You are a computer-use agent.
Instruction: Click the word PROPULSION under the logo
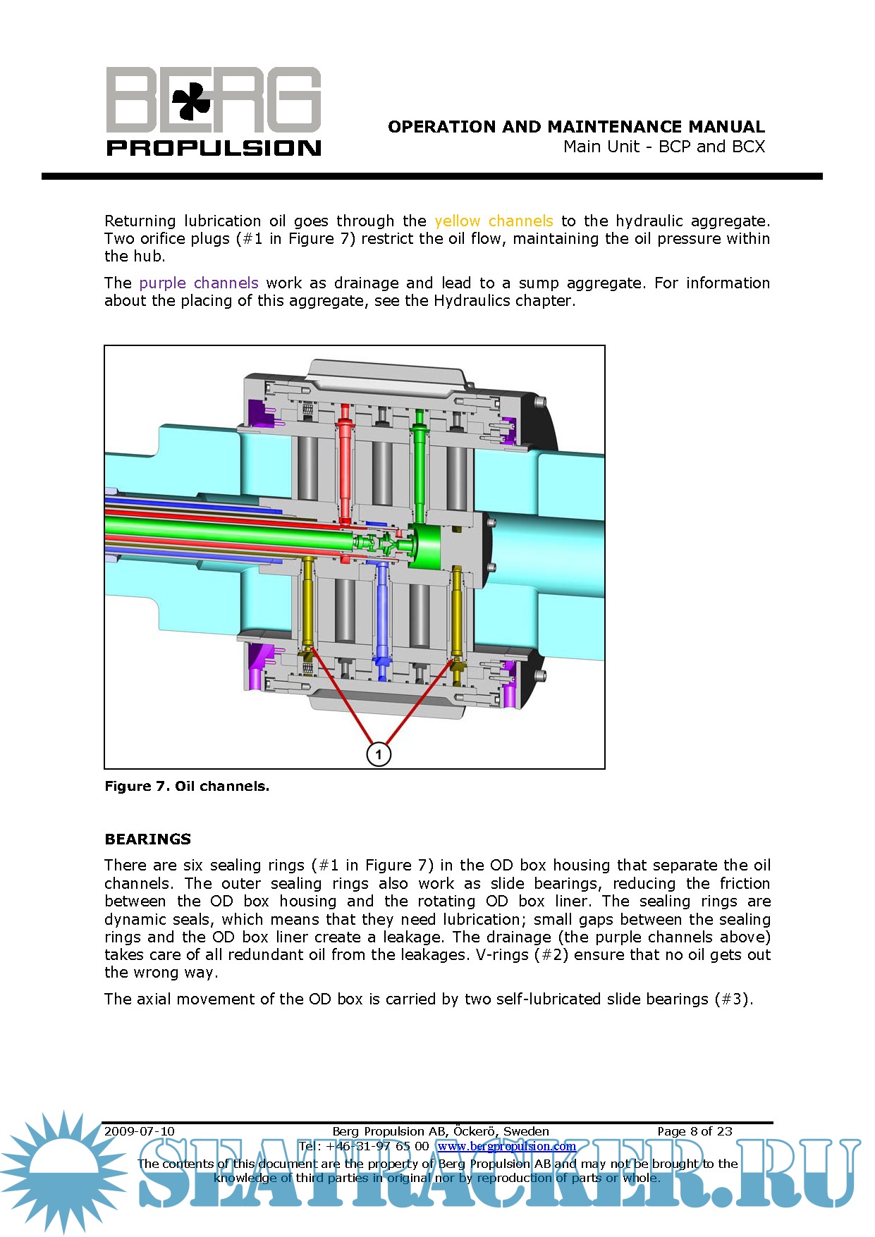214,148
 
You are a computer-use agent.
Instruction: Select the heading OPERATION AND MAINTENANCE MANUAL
576,127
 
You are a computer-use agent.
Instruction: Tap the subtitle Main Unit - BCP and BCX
663,147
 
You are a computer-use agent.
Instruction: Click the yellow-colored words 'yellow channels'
494,221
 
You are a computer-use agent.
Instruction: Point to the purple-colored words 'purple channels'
199,283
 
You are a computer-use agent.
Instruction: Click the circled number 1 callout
379,754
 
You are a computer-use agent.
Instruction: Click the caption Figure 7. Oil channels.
187,787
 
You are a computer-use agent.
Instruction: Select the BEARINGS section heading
148,839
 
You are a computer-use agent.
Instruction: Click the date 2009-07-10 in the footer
140,1131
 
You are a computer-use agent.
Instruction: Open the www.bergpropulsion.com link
506,1146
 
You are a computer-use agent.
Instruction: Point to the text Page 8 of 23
695,1131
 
